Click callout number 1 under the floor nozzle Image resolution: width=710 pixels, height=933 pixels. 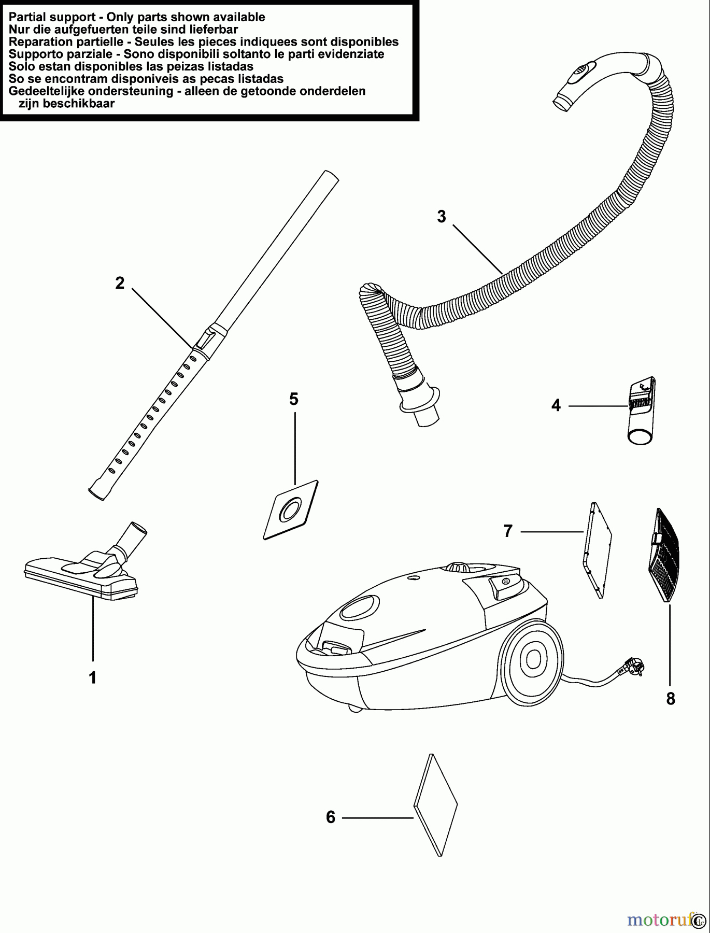tap(93, 677)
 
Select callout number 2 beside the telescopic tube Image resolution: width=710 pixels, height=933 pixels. tap(120, 283)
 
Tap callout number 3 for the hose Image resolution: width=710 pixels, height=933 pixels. tap(442, 216)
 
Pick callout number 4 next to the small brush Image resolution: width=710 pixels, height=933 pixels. tap(556, 405)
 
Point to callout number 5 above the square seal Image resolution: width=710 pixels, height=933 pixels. tap(294, 399)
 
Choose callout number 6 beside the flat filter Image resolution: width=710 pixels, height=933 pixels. tap(331, 817)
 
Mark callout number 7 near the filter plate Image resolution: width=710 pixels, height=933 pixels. tap(508, 531)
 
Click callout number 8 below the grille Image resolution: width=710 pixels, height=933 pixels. tap(671, 699)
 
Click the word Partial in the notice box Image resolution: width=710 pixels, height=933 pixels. tap(26, 17)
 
